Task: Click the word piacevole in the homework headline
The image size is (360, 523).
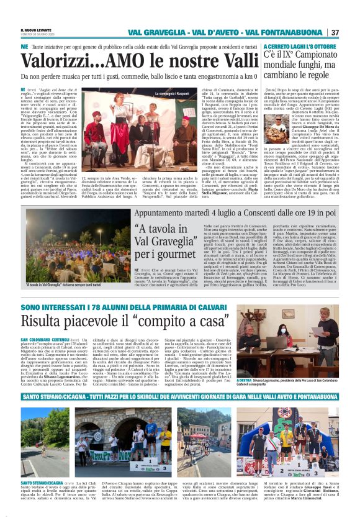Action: (x=116, y=322)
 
